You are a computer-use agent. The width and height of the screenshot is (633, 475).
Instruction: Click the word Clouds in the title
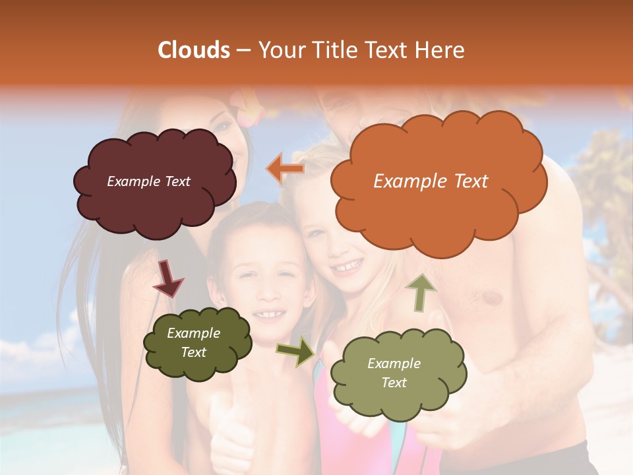194,50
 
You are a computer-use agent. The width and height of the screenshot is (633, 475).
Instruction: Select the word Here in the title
438,50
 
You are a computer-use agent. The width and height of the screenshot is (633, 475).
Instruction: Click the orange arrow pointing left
286,169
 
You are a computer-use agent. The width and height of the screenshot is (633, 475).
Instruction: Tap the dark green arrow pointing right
296,352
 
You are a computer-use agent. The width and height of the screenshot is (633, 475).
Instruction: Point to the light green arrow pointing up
421,292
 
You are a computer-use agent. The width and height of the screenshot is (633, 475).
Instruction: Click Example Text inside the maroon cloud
148,181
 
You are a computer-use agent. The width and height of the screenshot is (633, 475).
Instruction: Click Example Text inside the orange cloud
431,181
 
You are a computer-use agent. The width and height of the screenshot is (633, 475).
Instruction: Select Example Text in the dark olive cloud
194,343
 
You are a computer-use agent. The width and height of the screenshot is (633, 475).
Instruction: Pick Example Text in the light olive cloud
394,373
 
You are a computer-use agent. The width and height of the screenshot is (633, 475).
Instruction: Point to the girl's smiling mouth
346,267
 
